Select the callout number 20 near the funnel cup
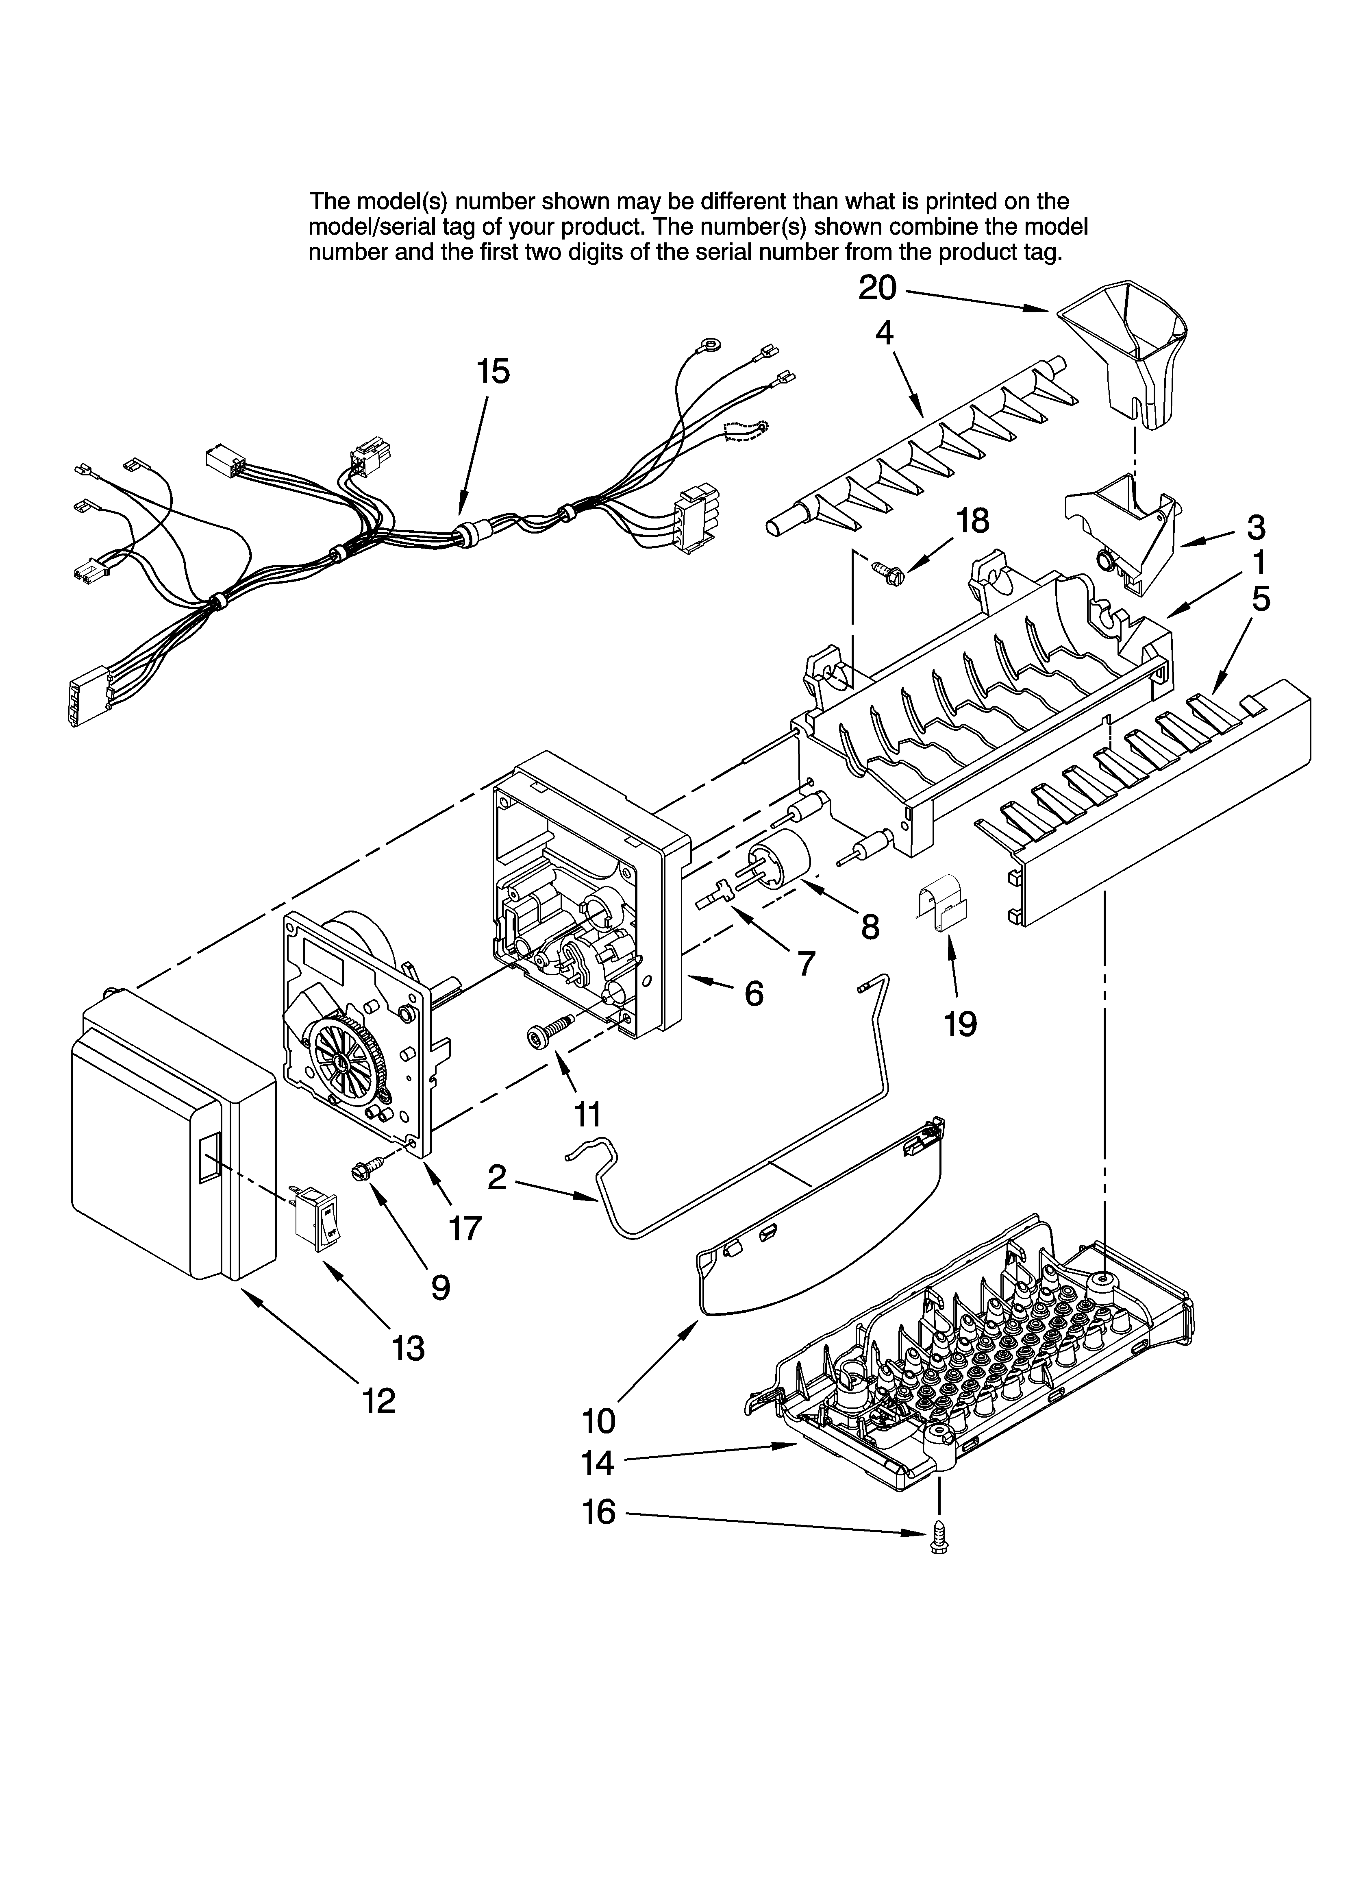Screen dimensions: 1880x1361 click(x=877, y=288)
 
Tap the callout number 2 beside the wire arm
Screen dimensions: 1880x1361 click(x=496, y=1177)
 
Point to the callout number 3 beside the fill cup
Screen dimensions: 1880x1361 click(x=1256, y=526)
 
